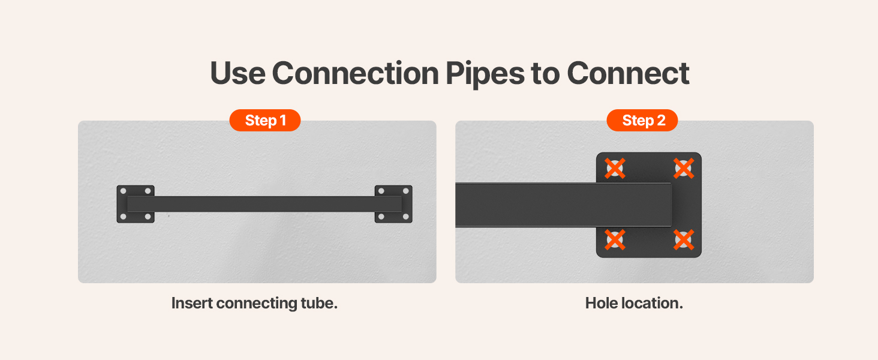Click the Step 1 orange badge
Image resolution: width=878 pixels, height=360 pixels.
[x=265, y=121]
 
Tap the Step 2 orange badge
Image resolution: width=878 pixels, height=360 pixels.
[x=642, y=121]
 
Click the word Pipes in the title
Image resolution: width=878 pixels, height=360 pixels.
[x=485, y=74]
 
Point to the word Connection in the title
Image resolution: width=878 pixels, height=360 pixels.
[x=355, y=73]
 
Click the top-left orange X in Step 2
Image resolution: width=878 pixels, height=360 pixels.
[x=615, y=169]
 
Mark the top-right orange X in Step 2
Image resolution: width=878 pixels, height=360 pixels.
[x=684, y=169]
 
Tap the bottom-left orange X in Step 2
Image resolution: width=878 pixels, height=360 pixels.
[x=615, y=240]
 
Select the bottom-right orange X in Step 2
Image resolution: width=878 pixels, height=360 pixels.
[x=684, y=240]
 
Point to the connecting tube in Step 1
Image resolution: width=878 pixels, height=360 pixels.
[x=264, y=204]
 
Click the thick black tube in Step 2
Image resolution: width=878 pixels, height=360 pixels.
[x=563, y=205]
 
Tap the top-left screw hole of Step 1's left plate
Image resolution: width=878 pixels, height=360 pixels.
[x=123, y=191]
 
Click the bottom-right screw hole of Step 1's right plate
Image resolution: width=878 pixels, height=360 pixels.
[x=406, y=217]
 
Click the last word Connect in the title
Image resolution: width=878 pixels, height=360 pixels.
[x=629, y=73]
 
